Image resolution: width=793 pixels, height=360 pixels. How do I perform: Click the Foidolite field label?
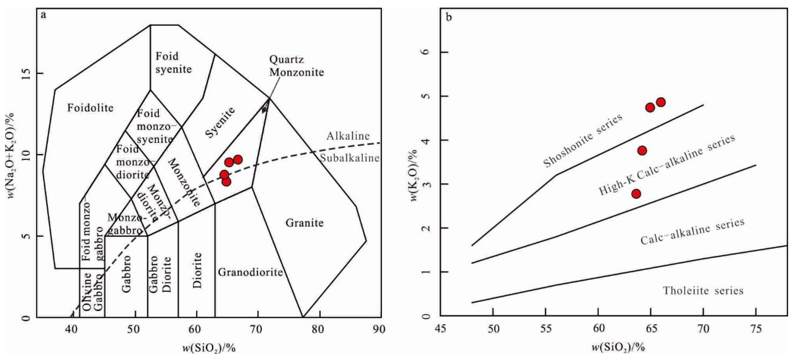[91, 108]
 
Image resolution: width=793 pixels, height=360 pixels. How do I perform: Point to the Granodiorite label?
[250, 272]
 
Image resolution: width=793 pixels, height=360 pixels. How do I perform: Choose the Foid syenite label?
[173, 63]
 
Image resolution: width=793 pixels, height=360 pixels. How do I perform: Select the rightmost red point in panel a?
[238, 159]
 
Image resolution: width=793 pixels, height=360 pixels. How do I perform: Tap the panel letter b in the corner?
[449, 17]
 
